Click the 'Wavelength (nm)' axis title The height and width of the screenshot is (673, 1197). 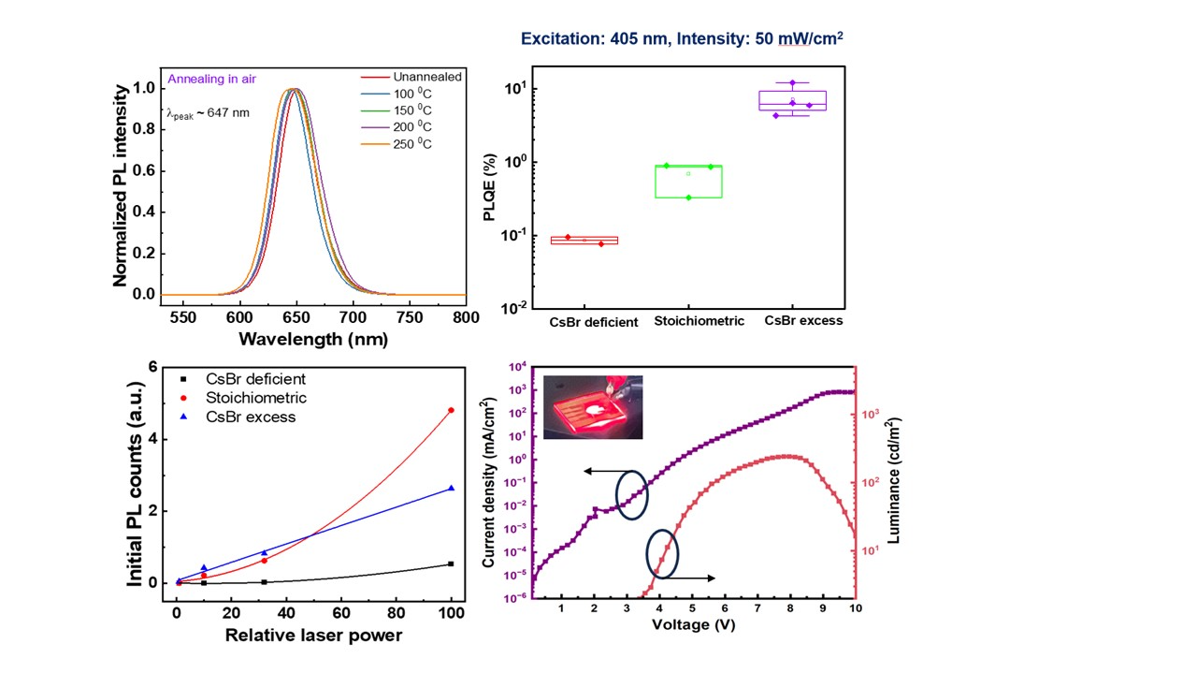[313, 340]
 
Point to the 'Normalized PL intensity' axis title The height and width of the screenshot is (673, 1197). [121, 185]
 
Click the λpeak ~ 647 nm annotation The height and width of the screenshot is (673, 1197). [209, 113]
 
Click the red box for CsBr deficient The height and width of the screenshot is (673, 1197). [584, 240]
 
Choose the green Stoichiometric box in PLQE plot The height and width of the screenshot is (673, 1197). [688, 182]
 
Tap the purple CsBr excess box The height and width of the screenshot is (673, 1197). [792, 100]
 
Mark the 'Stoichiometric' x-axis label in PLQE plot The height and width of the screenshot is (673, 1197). [699, 321]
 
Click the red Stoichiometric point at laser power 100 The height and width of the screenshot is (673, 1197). [451, 410]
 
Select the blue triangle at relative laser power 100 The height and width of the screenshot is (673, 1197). [451, 488]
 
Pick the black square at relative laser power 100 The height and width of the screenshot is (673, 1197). [451, 563]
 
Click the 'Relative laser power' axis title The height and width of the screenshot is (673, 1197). [312, 636]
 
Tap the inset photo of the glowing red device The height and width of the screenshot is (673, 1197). [593, 406]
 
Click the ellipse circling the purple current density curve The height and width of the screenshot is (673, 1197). [631, 492]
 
